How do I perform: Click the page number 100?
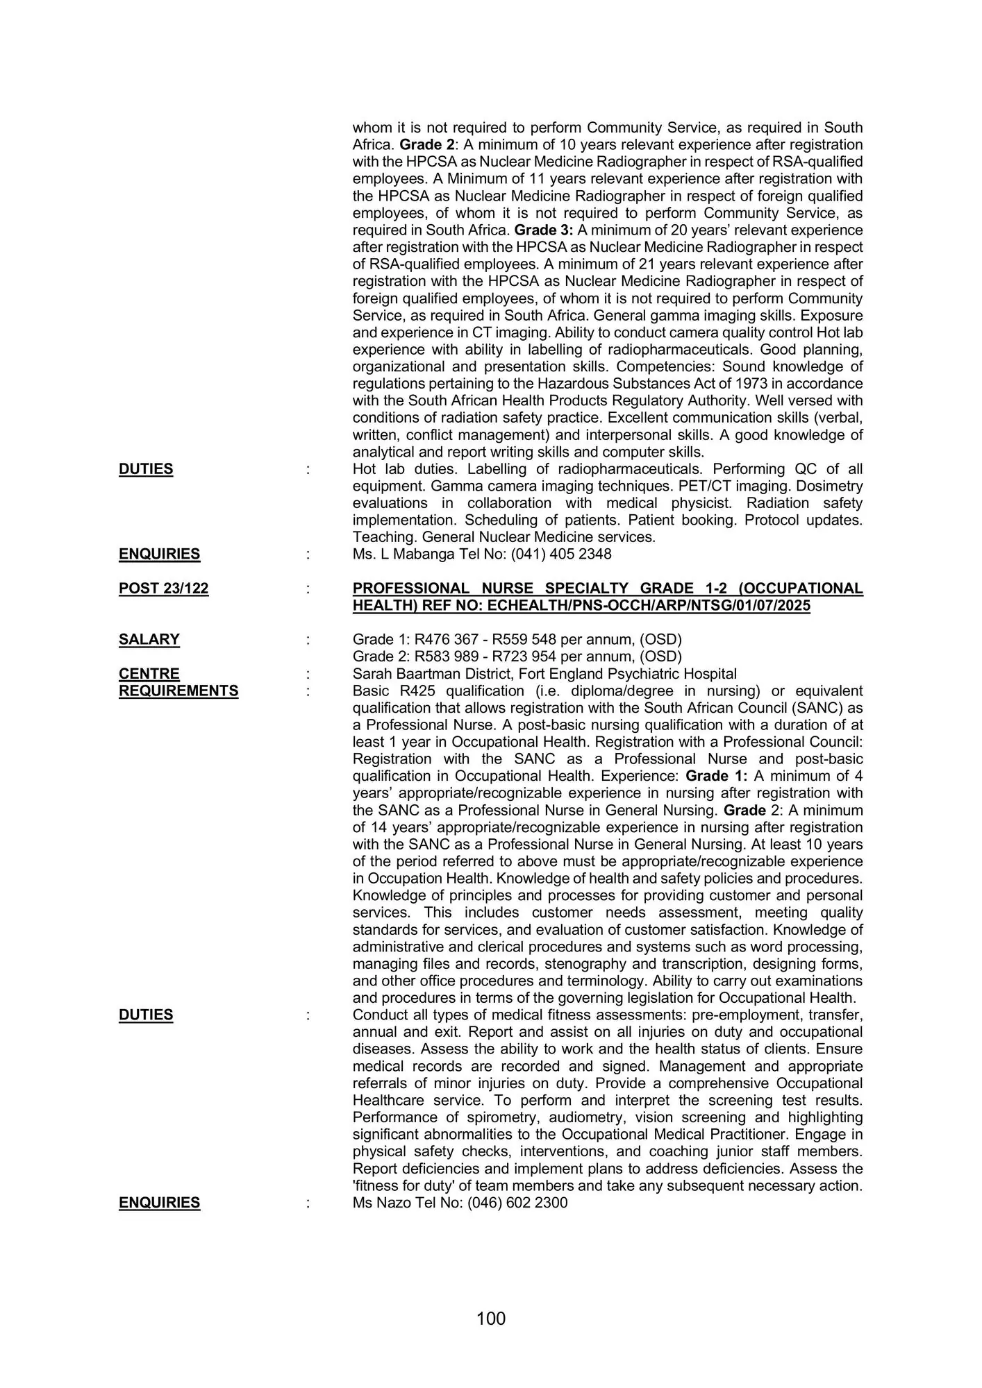tap(491, 1319)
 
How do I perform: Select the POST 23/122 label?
tap(163, 589)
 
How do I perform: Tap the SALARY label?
tap(149, 640)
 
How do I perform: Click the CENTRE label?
tap(149, 674)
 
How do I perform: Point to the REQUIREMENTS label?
tap(178, 691)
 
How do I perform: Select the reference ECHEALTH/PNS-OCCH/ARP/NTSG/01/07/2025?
tap(649, 606)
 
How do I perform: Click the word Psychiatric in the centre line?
tap(642, 674)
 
